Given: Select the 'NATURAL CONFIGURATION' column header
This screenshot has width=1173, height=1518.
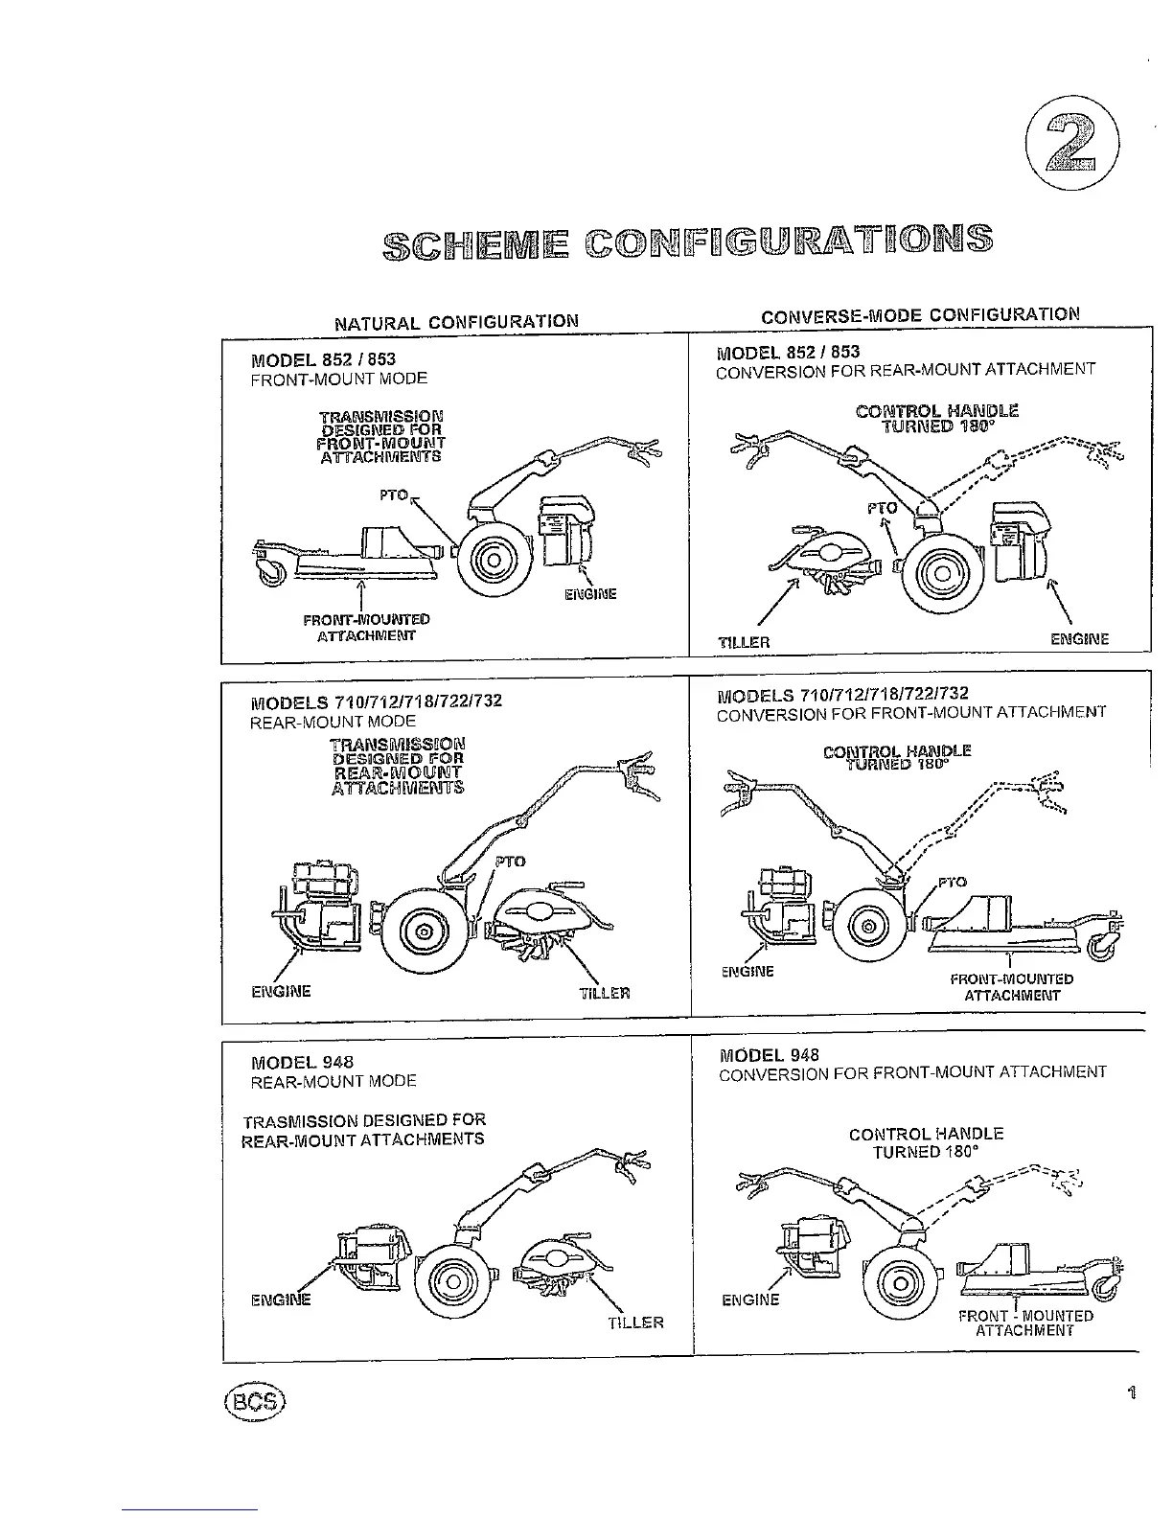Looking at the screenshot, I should (456, 322).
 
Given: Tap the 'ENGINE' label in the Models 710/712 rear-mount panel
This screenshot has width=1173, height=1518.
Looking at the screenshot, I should (281, 991).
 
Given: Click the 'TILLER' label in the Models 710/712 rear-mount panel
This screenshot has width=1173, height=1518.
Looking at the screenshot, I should (605, 993).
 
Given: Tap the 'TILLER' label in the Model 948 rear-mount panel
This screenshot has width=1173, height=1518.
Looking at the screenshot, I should (635, 1322).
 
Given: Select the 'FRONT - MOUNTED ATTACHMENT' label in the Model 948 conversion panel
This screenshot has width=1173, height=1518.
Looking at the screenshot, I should (1025, 1323).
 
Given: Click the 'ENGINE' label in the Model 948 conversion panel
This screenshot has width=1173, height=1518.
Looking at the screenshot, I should (750, 1299).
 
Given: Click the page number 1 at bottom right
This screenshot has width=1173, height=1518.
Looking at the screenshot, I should (1132, 1393).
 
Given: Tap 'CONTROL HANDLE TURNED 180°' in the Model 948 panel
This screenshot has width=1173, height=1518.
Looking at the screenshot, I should (926, 1142).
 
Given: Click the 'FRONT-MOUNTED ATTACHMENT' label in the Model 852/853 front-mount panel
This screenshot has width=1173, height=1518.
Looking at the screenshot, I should (366, 627).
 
